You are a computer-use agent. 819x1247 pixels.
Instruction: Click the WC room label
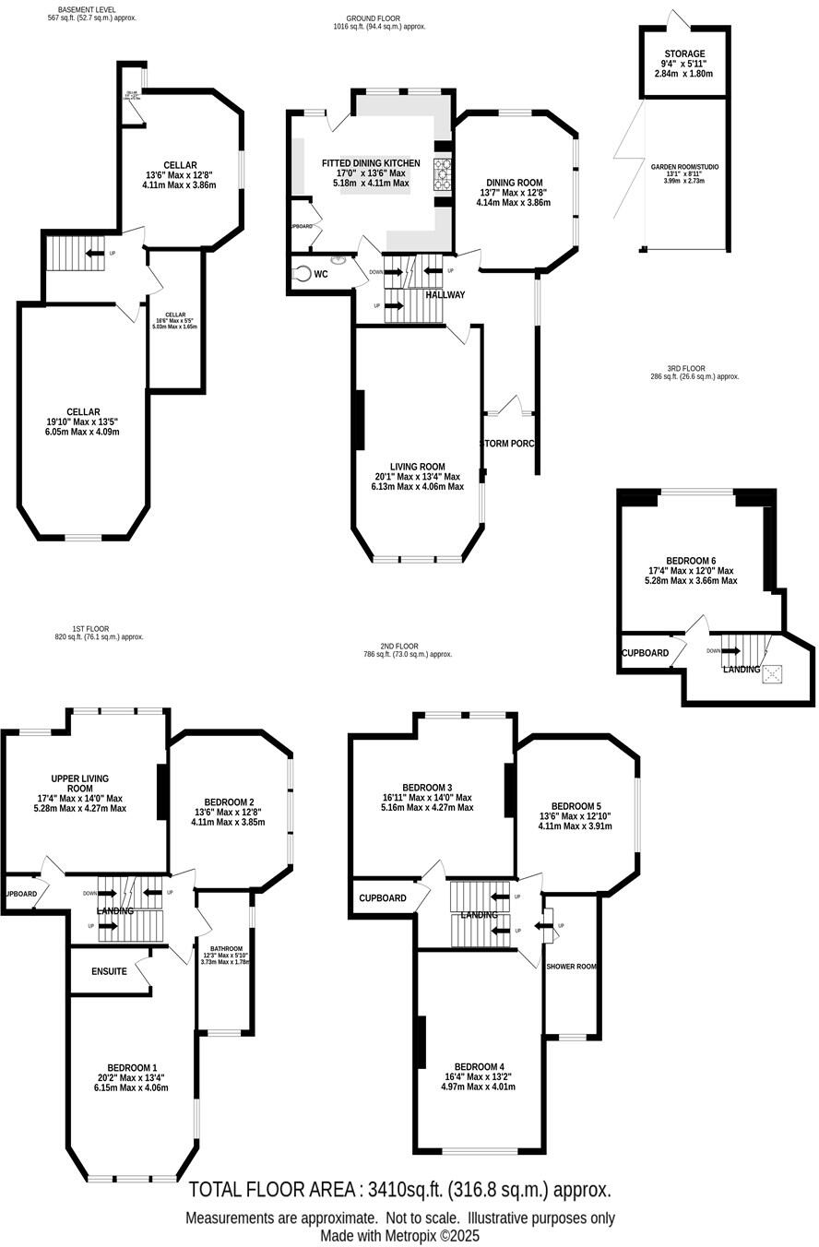point(321,274)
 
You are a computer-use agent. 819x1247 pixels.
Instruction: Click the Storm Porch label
point(507,444)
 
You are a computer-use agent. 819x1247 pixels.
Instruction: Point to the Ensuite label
point(109,971)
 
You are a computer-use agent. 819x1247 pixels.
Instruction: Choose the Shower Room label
point(572,967)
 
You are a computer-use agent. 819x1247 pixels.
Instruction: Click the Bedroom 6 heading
point(691,561)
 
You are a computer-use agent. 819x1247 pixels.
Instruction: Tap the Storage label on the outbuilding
point(683,54)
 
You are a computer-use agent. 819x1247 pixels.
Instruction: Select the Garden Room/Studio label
point(684,167)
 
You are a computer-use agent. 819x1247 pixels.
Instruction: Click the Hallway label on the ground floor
point(445,295)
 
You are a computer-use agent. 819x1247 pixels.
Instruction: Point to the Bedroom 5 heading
point(576,805)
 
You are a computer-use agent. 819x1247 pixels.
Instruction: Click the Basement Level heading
point(93,9)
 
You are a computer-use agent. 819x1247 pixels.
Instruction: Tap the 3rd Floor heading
point(686,369)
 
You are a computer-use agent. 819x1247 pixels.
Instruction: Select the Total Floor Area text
point(399,1190)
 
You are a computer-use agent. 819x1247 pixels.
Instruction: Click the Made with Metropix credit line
point(399,1236)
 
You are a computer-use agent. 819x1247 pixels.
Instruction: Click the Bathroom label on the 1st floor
point(225,948)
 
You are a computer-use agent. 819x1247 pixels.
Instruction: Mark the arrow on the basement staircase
point(94,253)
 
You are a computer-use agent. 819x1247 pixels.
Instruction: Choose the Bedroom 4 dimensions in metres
point(478,1087)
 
